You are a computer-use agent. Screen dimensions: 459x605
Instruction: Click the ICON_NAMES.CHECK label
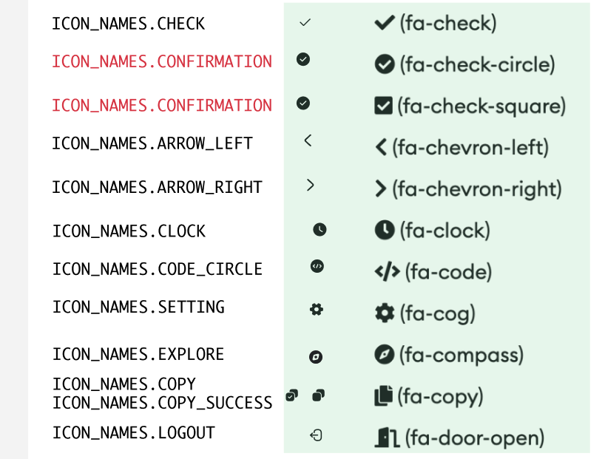point(128,24)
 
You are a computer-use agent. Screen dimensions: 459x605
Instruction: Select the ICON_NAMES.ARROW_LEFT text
point(152,143)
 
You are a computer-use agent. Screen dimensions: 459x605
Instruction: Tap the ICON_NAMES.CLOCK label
point(129,231)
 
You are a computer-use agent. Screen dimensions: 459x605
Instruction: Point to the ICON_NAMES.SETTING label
point(138,307)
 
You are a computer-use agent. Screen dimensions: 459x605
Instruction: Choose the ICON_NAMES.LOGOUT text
point(133,432)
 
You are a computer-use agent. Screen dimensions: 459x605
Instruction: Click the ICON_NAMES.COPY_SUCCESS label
point(162,403)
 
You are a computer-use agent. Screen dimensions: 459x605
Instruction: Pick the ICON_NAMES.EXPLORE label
point(138,354)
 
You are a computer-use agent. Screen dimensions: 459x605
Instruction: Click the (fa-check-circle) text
point(477,65)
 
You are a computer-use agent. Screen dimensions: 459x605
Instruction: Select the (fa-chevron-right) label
point(477,189)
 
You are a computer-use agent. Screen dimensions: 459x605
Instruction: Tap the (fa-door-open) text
point(474,438)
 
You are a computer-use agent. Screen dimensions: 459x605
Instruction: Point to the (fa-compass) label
point(462,355)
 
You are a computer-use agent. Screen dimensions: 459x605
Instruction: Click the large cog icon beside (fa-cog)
point(385,313)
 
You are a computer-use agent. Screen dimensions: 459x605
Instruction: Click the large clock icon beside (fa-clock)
point(385,231)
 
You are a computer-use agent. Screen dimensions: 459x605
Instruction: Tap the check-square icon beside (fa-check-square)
point(383,106)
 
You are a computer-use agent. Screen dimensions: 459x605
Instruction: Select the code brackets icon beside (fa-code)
point(387,272)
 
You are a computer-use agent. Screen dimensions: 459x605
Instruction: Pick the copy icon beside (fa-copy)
point(383,396)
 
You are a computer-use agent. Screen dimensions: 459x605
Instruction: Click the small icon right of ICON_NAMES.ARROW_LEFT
point(308,140)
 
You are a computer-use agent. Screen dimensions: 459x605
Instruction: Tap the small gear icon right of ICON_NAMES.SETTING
point(317,309)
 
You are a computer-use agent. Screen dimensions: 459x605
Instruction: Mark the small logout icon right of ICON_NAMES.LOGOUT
point(316,435)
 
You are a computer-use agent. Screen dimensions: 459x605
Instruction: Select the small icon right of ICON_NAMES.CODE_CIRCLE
point(317,266)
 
